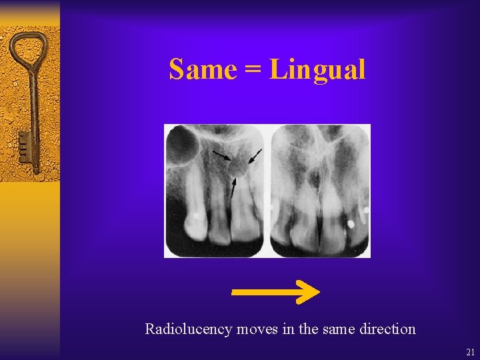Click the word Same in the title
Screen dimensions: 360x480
tap(202, 69)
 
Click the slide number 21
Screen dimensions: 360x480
tap(471, 351)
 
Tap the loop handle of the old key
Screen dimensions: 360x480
tap(27, 49)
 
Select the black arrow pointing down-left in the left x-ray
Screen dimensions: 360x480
tap(255, 157)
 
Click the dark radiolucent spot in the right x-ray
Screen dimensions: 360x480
tap(313, 177)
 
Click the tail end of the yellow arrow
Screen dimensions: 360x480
tap(235, 291)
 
